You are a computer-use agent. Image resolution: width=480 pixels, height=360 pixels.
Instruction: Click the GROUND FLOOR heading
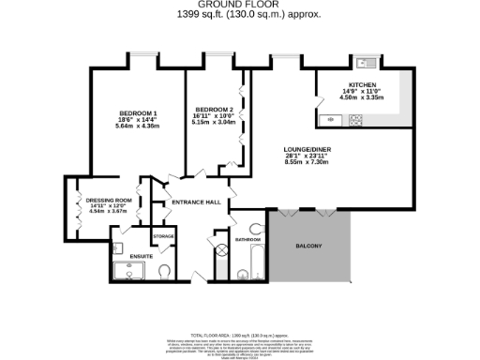239,5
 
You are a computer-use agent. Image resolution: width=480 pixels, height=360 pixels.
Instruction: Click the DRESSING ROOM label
107,199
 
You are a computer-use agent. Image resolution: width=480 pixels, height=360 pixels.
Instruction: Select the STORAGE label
163,235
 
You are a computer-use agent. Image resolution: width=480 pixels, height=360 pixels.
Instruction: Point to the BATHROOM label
247,240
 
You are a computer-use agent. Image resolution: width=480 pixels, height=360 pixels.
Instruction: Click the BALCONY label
308,246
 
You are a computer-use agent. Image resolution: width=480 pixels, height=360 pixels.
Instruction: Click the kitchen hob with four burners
355,120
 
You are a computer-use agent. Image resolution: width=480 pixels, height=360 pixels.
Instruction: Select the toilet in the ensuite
164,273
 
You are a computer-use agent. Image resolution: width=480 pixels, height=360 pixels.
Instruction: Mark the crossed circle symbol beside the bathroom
222,250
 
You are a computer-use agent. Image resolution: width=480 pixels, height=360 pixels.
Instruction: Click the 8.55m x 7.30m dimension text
307,161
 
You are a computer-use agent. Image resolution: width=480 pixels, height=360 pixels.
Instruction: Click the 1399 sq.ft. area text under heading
239,14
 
